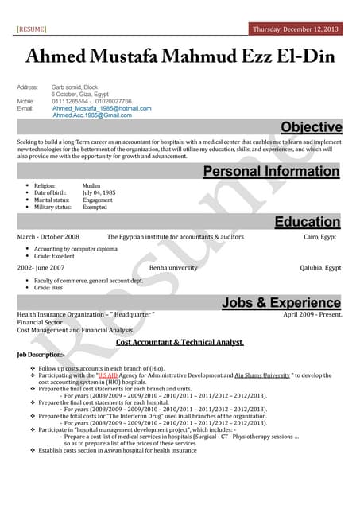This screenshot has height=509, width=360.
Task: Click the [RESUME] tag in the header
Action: [x=31, y=29]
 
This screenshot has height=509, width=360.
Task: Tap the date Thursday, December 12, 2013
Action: [x=295, y=29]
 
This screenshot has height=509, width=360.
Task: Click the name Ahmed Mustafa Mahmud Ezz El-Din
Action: [x=180, y=57]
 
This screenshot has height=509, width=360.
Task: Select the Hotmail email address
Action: [x=102, y=108]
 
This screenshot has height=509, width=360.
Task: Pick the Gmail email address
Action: [x=92, y=115]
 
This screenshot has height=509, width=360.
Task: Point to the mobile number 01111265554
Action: [x=70, y=101]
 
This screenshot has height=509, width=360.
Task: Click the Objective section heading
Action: [x=311, y=127]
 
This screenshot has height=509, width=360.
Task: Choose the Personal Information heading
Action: [x=271, y=171]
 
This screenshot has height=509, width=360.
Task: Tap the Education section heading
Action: [x=307, y=222]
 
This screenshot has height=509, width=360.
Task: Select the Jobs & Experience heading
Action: [x=281, y=302]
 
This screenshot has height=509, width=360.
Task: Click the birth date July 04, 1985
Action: [x=99, y=192]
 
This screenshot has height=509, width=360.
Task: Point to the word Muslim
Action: [x=91, y=185]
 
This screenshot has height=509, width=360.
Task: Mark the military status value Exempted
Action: [x=95, y=207]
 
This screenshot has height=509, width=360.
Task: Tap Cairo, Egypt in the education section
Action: [x=319, y=237]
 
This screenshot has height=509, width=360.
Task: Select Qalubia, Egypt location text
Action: [x=317, y=268]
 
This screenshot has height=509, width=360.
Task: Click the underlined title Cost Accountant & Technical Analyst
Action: [x=180, y=343]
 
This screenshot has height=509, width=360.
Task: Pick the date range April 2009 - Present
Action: [x=312, y=315]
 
